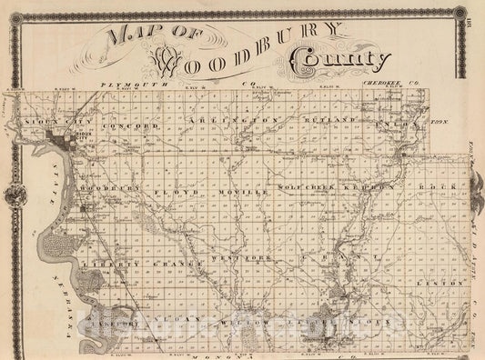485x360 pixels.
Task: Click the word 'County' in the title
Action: pyautogui.click(x=332, y=62)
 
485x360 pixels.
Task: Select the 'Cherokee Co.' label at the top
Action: pyautogui.click(x=381, y=82)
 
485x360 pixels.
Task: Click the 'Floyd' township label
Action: pyautogui.click(x=175, y=193)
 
